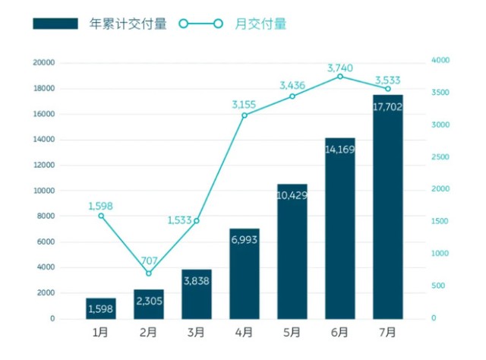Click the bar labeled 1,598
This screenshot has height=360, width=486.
(x=101, y=308)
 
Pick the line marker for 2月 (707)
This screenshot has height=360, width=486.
(x=149, y=273)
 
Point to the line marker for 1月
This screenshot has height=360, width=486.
(x=101, y=216)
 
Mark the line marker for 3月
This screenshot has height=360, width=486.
(x=197, y=221)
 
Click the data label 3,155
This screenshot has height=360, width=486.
(x=244, y=103)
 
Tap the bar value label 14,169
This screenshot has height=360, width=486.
(x=339, y=149)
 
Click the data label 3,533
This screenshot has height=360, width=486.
(x=387, y=79)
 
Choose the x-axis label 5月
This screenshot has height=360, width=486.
(x=292, y=332)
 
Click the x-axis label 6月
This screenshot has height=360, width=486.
(x=339, y=332)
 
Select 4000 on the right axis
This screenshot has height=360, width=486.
(x=440, y=60)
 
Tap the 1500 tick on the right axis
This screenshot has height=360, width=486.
(x=440, y=221)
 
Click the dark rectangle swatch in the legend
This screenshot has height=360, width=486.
(x=55, y=24)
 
